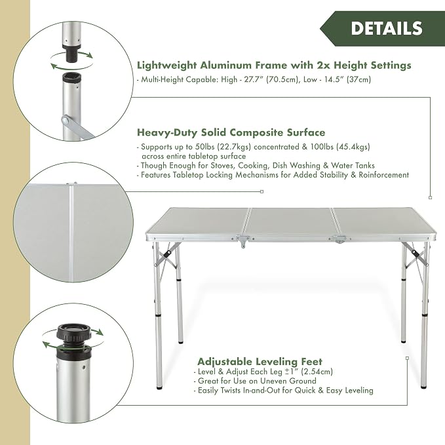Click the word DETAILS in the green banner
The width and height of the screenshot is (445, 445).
387,28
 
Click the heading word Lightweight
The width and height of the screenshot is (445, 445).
166,66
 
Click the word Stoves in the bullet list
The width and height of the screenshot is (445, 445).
222,165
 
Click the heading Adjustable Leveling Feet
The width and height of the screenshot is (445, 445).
260,362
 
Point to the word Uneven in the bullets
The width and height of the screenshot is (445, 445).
274,381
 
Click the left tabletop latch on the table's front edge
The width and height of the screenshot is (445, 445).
243,241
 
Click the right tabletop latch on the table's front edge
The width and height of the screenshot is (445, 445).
339,239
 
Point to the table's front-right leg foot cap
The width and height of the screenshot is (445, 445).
424,386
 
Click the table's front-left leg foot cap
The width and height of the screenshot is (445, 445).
160,387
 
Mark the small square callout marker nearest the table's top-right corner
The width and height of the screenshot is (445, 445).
430,197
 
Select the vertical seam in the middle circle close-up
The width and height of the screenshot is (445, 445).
71,233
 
